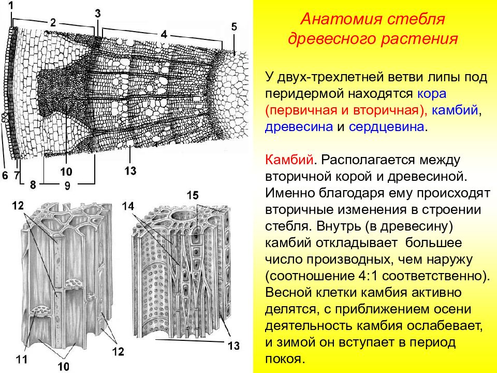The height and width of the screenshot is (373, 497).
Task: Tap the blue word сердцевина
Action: pos(386,127)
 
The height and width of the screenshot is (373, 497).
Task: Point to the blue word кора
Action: pos(432,94)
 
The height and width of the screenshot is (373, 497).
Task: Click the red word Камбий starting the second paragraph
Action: pos(289,160)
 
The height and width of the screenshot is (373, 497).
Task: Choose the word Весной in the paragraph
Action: pos(288,292)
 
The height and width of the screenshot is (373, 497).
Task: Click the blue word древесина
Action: pos(299,127)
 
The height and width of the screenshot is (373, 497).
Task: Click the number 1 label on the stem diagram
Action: pos(11,6)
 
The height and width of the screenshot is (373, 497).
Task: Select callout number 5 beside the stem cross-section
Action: pos(234,26)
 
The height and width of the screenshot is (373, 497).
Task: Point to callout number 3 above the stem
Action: pos(98,13)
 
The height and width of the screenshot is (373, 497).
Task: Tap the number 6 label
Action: pos(5,175)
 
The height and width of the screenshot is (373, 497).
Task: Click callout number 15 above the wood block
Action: pos(193,195)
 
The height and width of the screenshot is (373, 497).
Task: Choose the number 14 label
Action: pos(128,207)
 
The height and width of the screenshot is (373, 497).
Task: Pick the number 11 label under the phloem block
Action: pos(22,360)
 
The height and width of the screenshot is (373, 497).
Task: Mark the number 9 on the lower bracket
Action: pos(67,185)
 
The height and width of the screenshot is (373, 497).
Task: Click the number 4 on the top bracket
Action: pos(164,34)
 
